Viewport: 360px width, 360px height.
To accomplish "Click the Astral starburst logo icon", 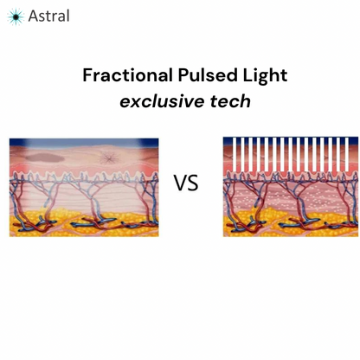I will point(16,16).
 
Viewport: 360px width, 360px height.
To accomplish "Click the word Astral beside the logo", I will point(48,16).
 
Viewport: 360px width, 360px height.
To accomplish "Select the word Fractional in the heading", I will point(123,76).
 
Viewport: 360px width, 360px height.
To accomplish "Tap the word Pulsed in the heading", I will point(202,76).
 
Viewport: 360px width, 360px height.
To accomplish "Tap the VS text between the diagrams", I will point(185,183).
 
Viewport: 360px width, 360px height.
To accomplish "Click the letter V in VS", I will point(180,183).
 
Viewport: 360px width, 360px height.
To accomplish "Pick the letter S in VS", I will point(192,183).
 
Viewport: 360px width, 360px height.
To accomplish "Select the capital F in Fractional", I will point(87,76).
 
